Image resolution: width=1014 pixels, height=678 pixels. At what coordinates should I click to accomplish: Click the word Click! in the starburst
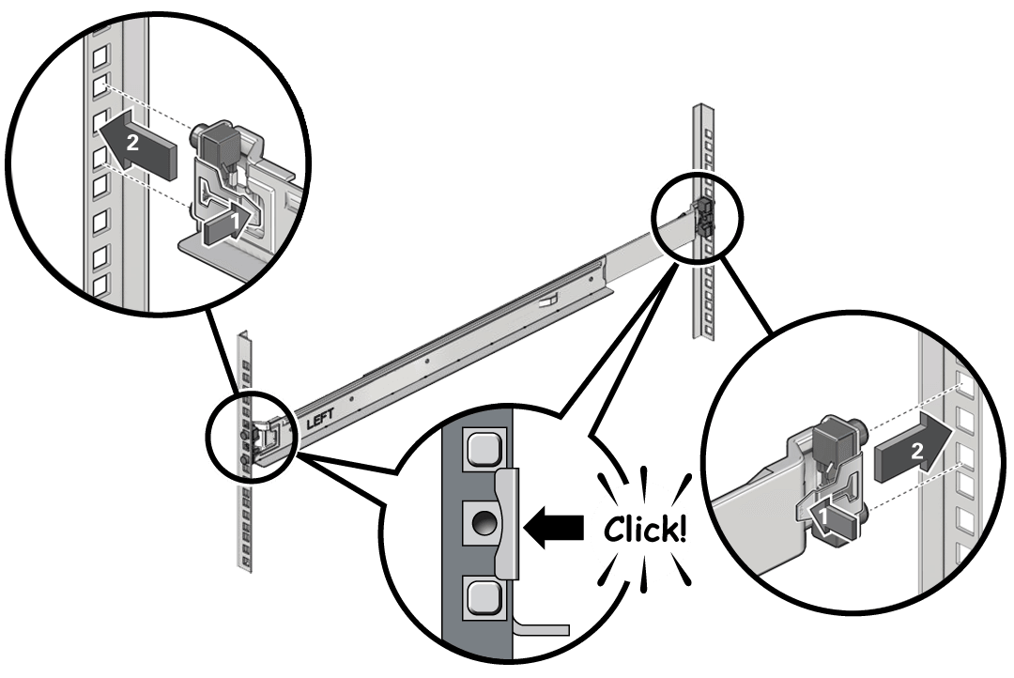tap(645, 529)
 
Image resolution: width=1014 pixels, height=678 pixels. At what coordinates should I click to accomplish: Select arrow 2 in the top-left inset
tap(139, 146)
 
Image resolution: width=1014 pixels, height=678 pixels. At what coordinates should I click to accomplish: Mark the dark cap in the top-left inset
tap(223, 143)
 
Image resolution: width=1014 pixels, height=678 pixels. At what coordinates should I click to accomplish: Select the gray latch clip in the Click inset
tap(504, 524)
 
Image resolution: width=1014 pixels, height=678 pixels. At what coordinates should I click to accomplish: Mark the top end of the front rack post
tap(245, 336)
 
